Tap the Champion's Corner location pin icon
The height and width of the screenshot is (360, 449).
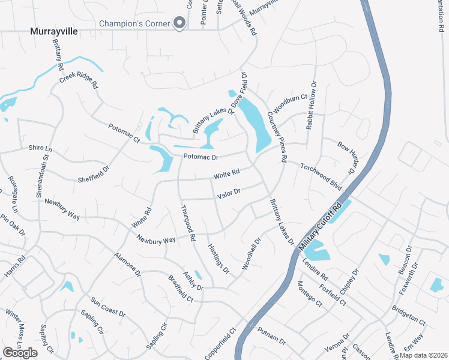(179, 23)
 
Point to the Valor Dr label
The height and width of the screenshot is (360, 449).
(229, 193)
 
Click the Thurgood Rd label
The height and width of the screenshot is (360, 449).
(188, 223)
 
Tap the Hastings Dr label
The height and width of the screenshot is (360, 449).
(218, 259)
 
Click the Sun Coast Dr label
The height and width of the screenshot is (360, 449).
(108, 307)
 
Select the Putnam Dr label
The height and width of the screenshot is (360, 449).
(271, 335)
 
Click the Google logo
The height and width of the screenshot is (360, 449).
(20, 353)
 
